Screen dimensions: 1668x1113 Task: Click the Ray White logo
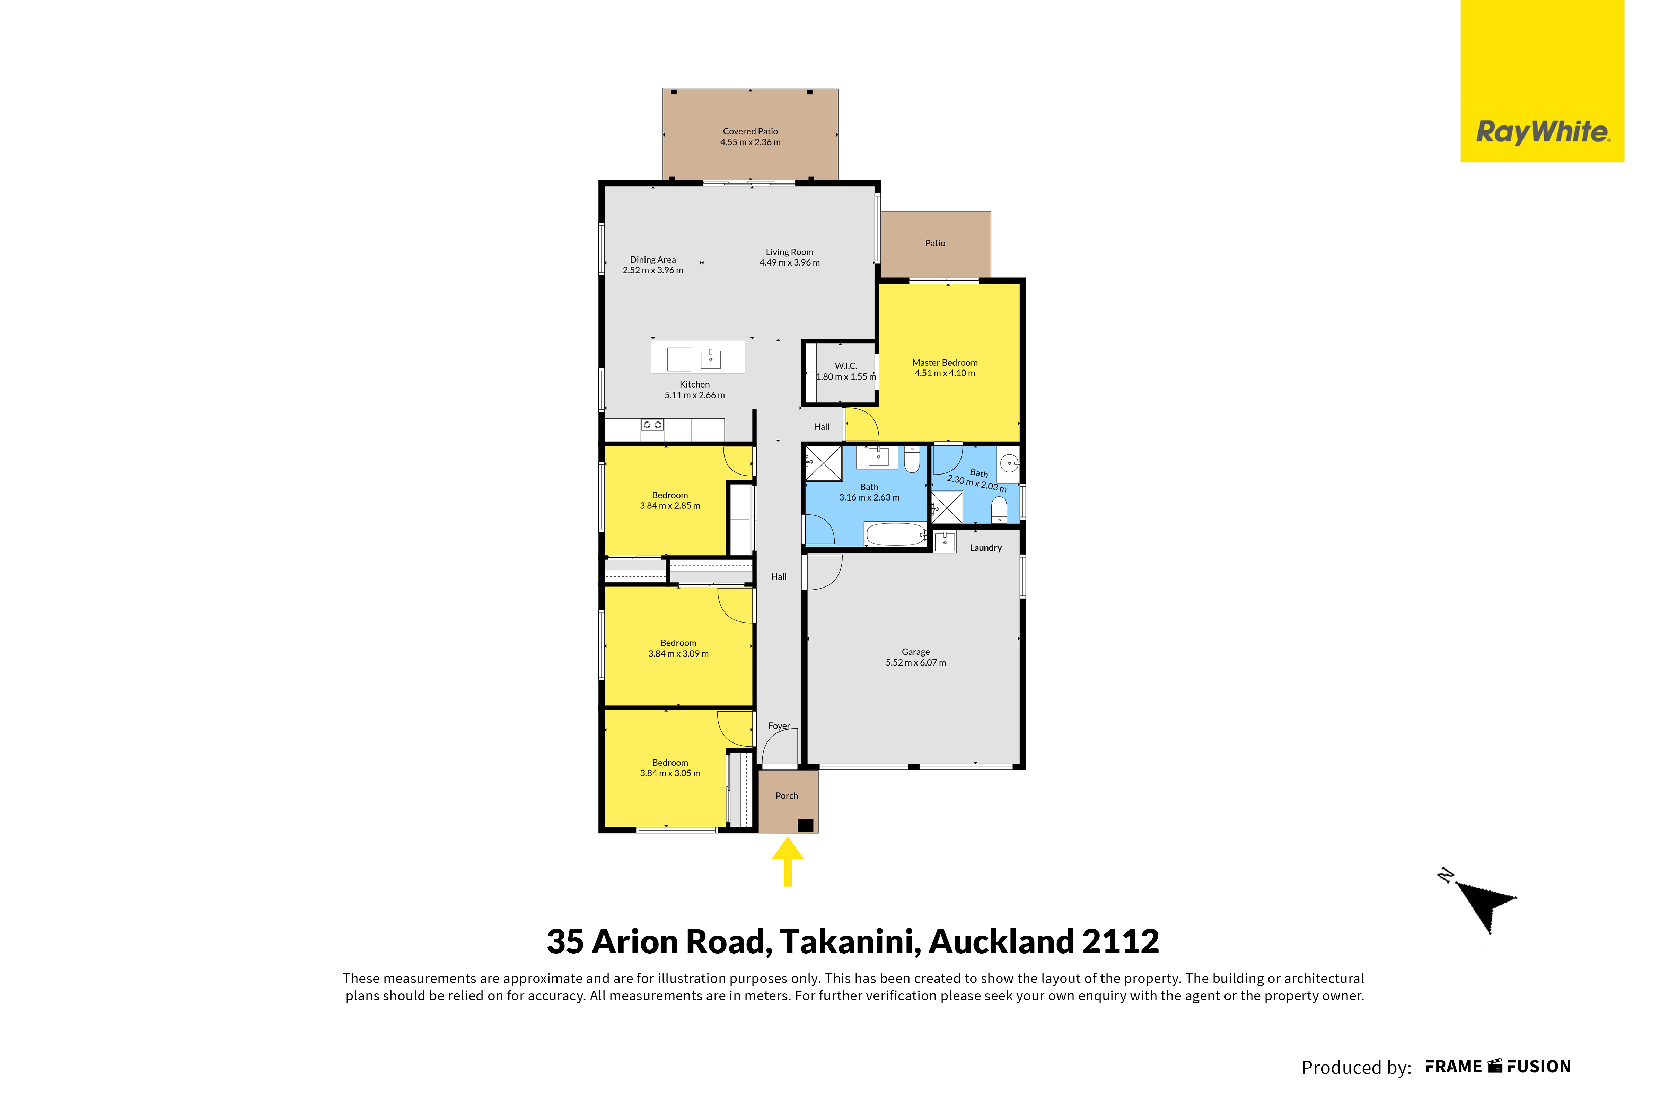click(1543, 81)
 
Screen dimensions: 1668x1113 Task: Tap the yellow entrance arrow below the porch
click(788, 862)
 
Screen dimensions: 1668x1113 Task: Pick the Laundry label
click(985, 548)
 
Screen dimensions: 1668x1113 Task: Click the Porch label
click(787, 796)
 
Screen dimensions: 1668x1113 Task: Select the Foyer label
click(779, 726)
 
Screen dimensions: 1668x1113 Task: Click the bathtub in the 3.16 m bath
click(895, 534)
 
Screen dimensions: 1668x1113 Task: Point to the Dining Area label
click(653, 260)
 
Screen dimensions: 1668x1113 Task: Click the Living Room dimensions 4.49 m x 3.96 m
click(790, 263)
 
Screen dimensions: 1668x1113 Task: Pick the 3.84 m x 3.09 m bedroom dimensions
click(678, 654)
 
